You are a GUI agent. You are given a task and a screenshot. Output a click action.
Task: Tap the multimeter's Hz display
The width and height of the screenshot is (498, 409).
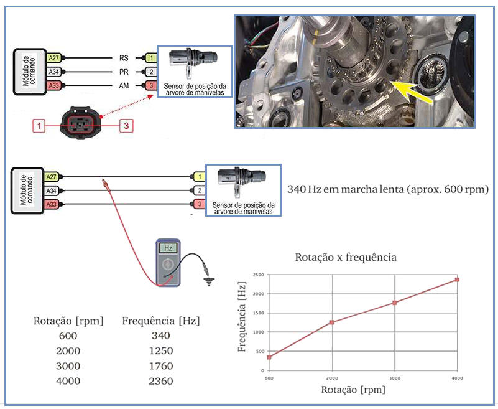click(x=167, y=247)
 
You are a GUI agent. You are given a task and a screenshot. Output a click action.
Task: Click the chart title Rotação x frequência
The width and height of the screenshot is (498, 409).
click(x=345, y=256)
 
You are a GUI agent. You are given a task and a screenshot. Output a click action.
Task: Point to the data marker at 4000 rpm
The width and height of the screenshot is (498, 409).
click(x=457, y=280)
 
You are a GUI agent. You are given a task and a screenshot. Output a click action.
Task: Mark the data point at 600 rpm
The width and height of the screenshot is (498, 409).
click(x=269, y=357)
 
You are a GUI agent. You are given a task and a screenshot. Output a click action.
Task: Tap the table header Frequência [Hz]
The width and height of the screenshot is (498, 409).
click(x=161, y=321)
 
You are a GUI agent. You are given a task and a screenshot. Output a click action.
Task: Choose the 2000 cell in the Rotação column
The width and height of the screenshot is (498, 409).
click(x=68, y=350)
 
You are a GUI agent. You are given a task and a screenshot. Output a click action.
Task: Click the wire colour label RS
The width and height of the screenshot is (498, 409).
click(x=124, y=58)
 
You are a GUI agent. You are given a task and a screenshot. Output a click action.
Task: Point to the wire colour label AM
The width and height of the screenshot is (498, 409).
click(x=124, y=85)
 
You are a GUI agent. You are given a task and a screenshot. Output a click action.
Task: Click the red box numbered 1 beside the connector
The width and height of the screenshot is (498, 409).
click(x=40, y=126)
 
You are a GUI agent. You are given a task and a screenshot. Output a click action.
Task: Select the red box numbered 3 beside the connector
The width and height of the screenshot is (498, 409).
click(x=126, y=126)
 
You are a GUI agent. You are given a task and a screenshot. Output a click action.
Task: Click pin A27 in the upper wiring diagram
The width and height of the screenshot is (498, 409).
click(x=53, y=58)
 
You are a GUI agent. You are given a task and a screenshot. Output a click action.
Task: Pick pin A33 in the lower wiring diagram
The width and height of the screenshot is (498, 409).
click(x=52, y=204)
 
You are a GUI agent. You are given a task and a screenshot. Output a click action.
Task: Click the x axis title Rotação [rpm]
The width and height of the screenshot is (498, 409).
click(x=353, y=390)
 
